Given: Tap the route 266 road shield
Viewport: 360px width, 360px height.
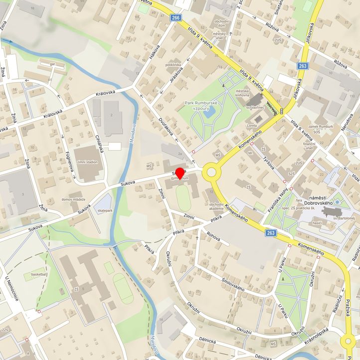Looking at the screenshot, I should [175, 18].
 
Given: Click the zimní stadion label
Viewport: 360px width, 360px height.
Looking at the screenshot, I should [88, 162].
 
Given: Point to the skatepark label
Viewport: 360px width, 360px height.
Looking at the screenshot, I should [105, 210].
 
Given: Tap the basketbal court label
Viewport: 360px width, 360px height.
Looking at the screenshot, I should [38, 274].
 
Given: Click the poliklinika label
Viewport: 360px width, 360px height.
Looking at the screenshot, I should [173, 65].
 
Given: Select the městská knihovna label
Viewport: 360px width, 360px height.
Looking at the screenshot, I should [242, 94].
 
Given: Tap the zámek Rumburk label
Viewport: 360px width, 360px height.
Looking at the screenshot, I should [320, 127].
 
